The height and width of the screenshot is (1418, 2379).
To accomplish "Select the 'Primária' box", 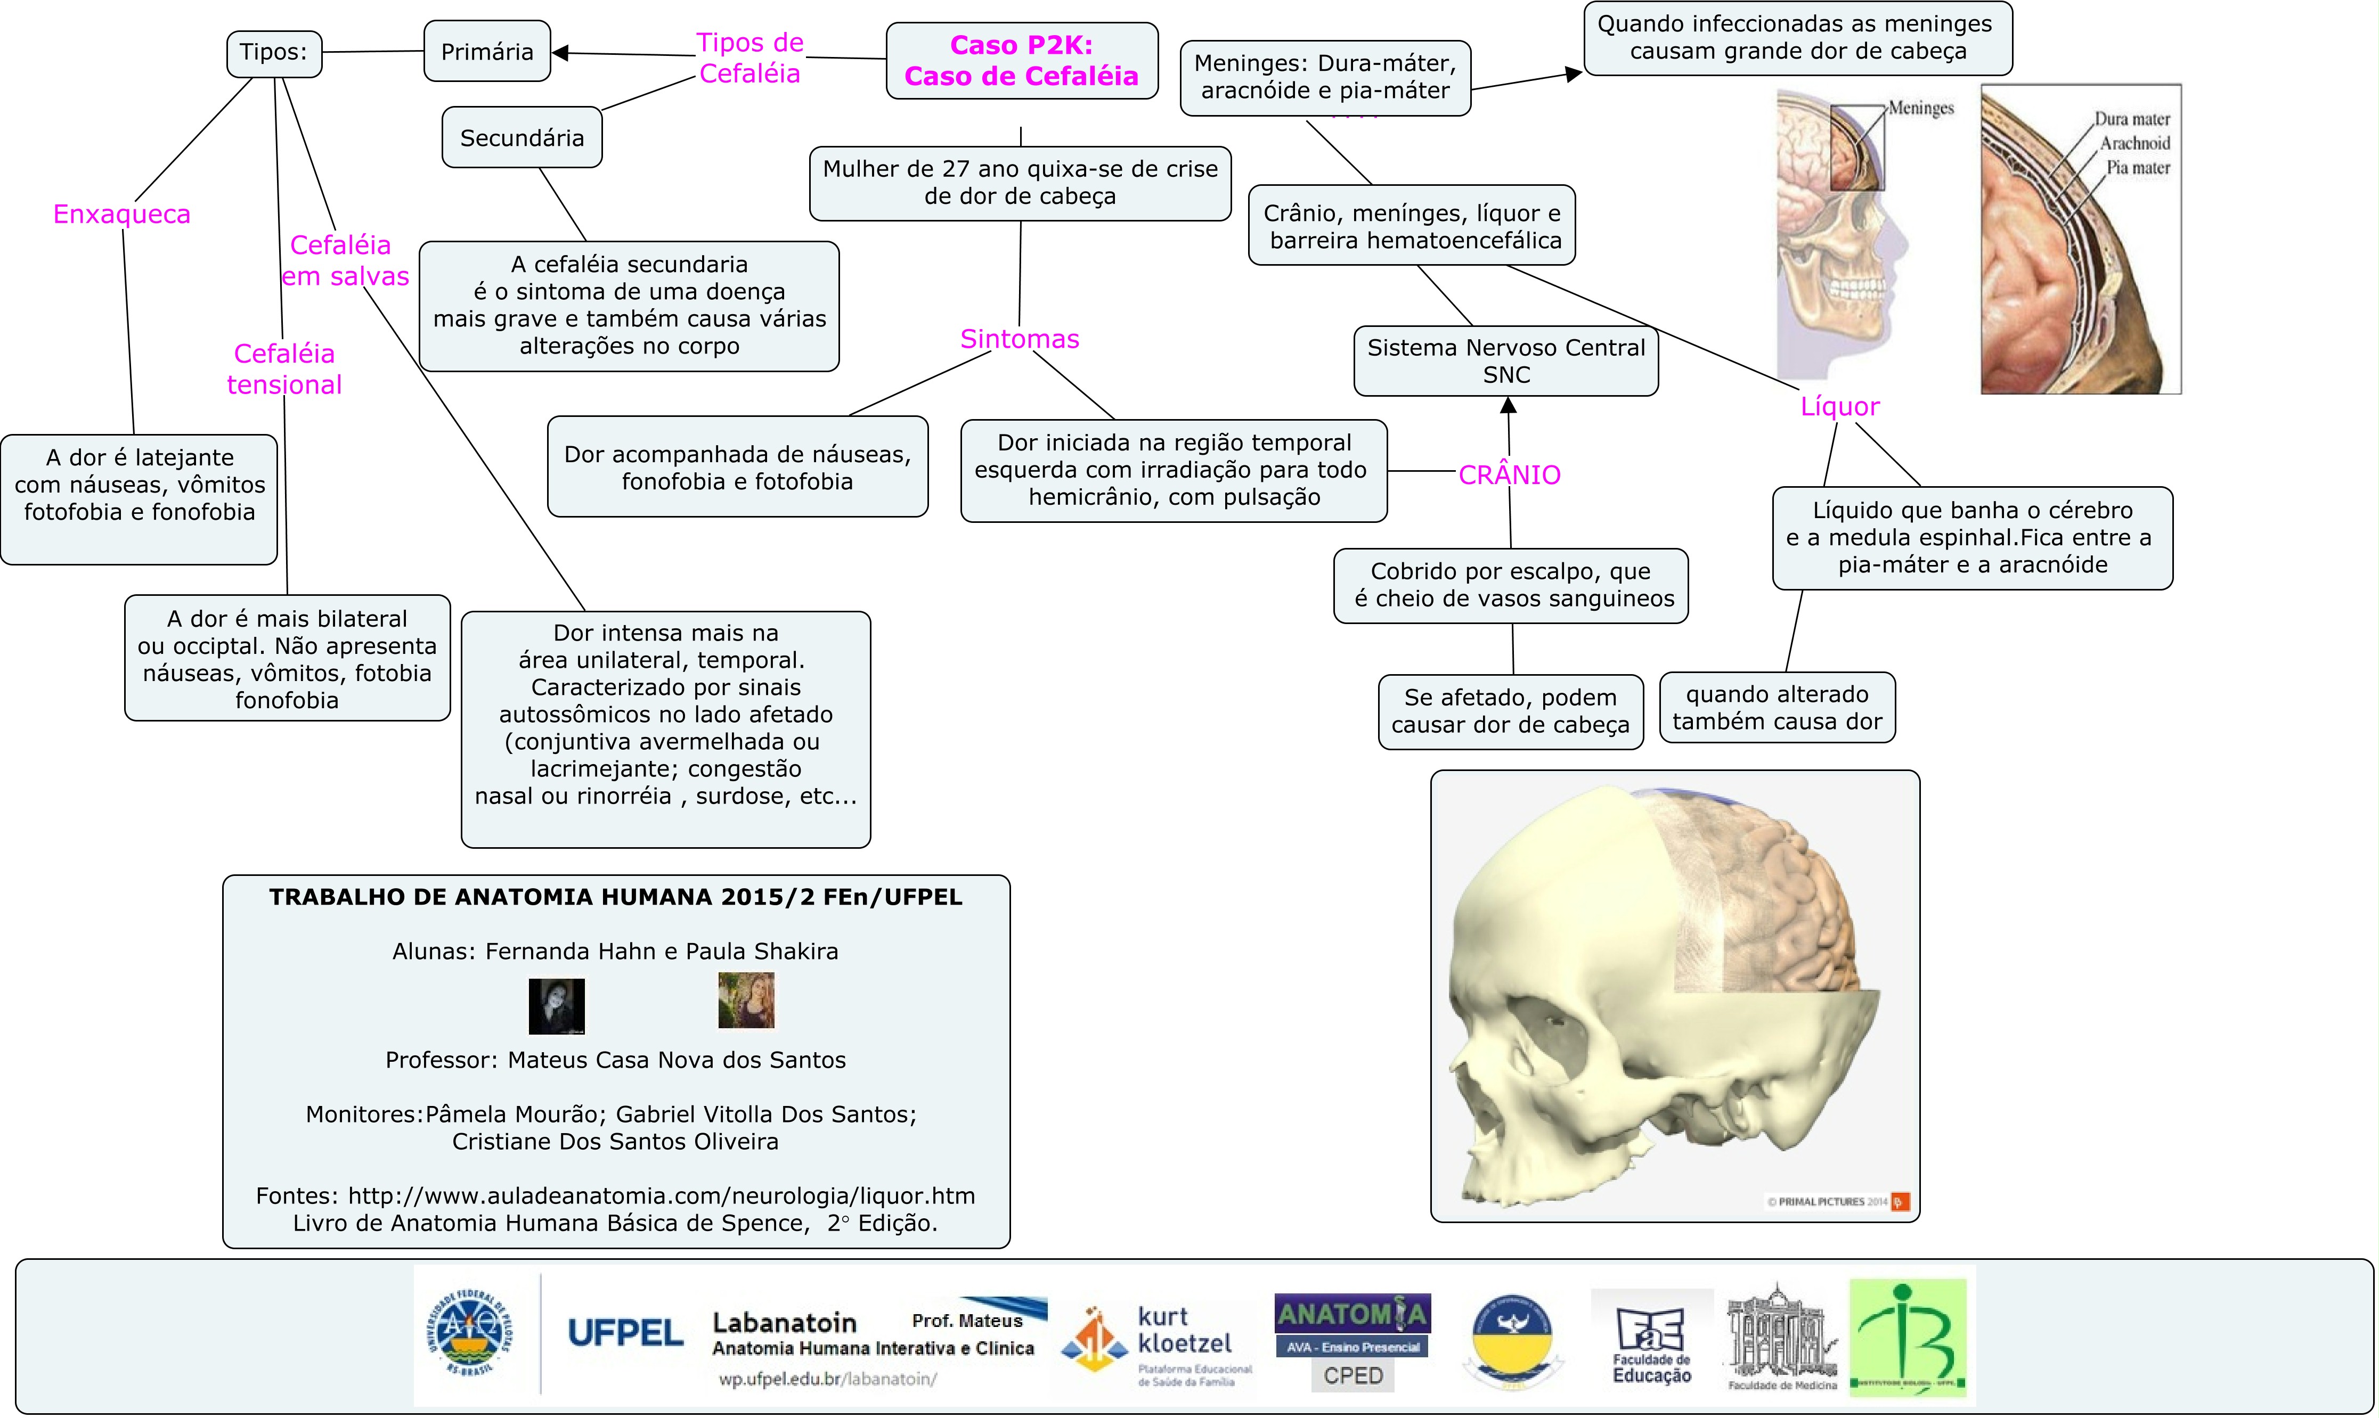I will (x=486, y=52).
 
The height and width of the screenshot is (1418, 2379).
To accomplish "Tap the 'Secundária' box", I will (x=522, y=137).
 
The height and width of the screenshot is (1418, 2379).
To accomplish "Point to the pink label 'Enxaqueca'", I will (x=121, y=214).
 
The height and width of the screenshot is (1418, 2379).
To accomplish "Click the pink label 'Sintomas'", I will (x=1019, y=339).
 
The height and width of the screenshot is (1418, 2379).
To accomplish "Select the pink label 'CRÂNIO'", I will (x=1509, y=475).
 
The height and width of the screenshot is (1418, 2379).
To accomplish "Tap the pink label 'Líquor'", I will (x=1839, y=407).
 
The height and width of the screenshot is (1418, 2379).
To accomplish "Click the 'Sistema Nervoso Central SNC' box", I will (x=1505, y=361).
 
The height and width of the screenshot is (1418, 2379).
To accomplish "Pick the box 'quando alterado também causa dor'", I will (x=1777, y=708).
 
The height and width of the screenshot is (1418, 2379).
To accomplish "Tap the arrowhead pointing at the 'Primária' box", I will (x=562, y=53).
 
